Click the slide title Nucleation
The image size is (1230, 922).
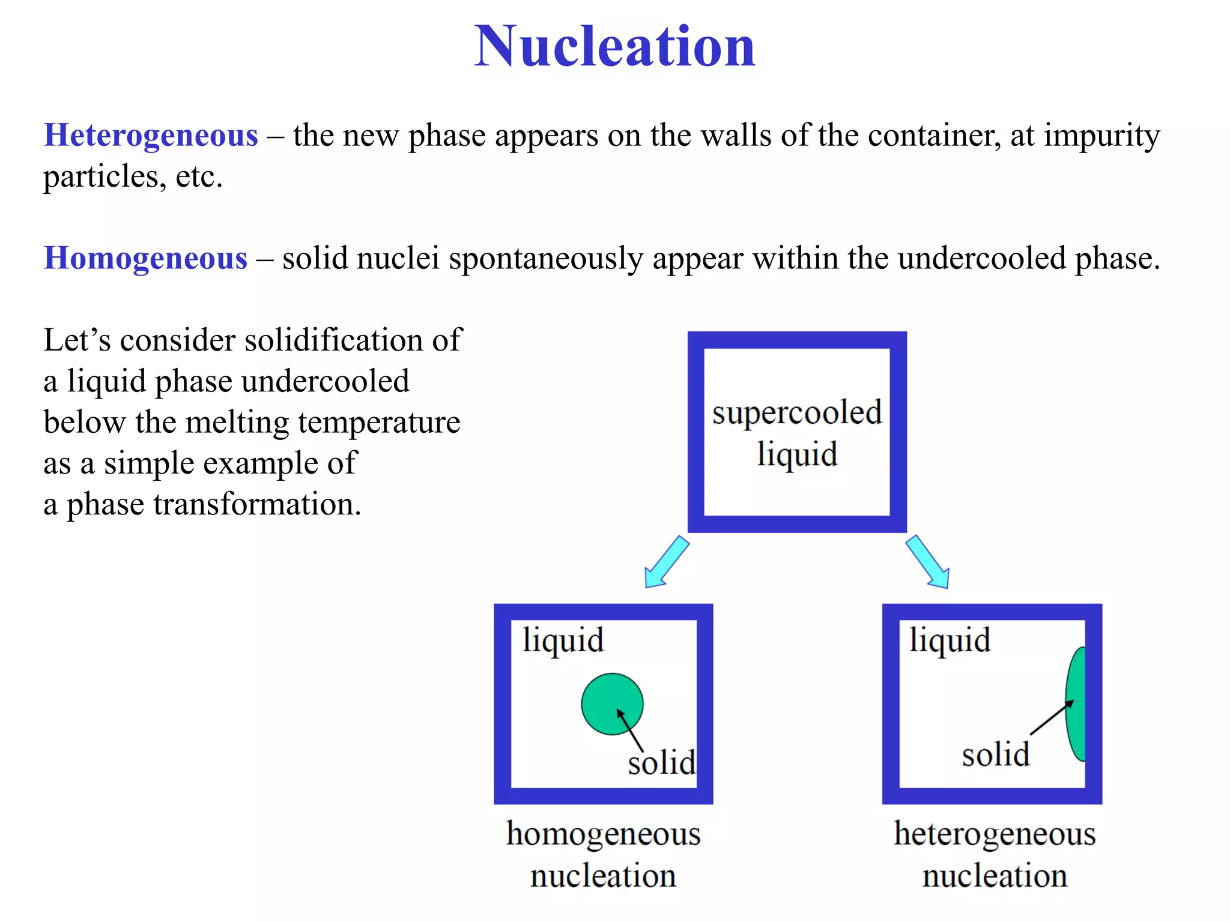(x=614, y=47)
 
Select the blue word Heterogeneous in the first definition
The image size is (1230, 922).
(x=151, y=135)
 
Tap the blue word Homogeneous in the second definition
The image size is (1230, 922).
(x=145, y=258)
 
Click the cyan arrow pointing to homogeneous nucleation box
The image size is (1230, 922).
(x=665, y=562)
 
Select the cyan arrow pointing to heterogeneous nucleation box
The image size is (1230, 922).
(x=928, y=562)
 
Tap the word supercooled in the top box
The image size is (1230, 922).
(x=797, y=413)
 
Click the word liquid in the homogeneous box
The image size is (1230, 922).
(x=563, y=641)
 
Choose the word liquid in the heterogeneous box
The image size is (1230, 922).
(x=950, y=641)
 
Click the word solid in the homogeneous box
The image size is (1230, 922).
(x=661, y=763)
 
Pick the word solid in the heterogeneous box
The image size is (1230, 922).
(x=995, y=755)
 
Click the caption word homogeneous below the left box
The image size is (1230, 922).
(x=603, y=835)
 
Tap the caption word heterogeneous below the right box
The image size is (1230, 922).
(x=995, y=835)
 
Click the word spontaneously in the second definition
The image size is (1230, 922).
(x=545, y=259)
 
